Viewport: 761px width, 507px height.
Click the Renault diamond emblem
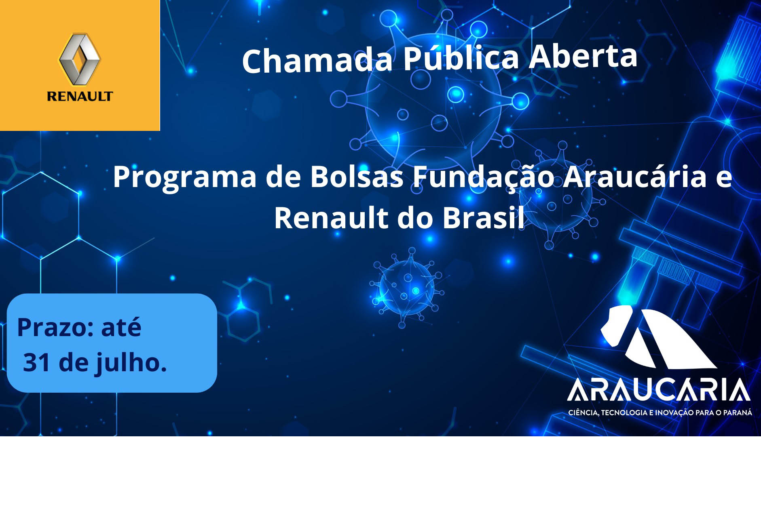pos(80,59)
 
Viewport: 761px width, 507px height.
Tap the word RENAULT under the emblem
pos(80,96)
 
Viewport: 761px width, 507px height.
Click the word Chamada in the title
pos(317,61)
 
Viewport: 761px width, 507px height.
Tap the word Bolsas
pos(357,177)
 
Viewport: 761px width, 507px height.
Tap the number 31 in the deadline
pos(36,362)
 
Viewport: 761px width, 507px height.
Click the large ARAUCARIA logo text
pos(659,390)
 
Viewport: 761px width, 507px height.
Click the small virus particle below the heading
pos(407,288)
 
